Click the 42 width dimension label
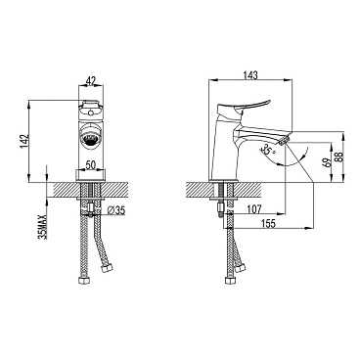point(91,80)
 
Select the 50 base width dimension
point(91,165)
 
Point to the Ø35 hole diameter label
point(115,210)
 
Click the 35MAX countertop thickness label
point(43,226)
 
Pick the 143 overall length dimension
point(250,75)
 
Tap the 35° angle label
point(268,149)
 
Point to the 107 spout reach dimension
point(254,209)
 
